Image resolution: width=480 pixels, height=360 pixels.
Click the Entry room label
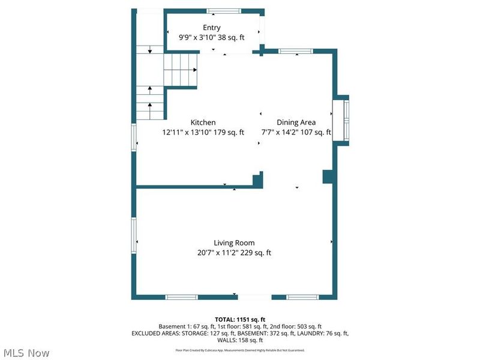click(x=211, y=28)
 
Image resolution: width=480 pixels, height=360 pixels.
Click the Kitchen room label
click(x=203, y=122)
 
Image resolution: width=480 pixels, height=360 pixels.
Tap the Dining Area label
click(x=296, y=122)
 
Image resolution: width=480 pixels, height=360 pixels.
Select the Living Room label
click(x=235, y=243)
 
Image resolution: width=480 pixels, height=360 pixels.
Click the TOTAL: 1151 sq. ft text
click(x=240, y=319)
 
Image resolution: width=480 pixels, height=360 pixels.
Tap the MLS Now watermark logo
click(x=26, y=353)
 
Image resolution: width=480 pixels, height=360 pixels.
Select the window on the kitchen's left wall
click(x=134, y=137)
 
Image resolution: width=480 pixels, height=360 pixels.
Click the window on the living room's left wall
click(x=134, y=235)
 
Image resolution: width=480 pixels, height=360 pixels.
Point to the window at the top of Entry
click(x=224, y=11)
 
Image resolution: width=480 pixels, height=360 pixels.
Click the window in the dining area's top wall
click(x=295, y=52)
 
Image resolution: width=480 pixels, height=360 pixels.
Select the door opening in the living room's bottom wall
click(x=254, y=297)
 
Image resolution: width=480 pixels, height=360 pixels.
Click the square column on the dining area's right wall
click(x=328, y=176)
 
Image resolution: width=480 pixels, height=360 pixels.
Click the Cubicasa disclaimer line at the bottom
click(x=240, y=350)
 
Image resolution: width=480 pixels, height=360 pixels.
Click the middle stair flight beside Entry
click(x=181, y=69)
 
